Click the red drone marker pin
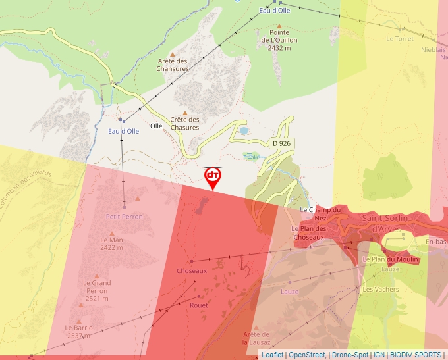pyautogui.click(x=213, y=177)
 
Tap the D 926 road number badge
pyautogui.click(x=281, y=143)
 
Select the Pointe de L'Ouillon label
pyautogui.click(x=279, y=39)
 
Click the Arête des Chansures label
pyautogui.click(x=173, y=64)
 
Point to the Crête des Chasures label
pyautogui.click(x=184, y=123)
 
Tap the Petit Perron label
pyautogui.click(x=124, y=216)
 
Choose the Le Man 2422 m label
pyautogui.click(x=111, y=244)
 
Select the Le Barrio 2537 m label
pyautogui.click(x=78, y=331)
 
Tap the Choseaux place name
pyautogui.click(x=192, y=270)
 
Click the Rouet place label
pyautogui.click(x=198, y=305)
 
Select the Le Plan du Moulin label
pyautogui.click(x=391, y=259)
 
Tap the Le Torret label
pyautogui.click(x=400, y=39)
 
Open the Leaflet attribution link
pyautogui.click(x=272, y=355)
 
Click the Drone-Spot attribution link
pyautogui.click(x=350, y=355)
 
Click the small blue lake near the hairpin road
pyautogui.click(x=244, y=130)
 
